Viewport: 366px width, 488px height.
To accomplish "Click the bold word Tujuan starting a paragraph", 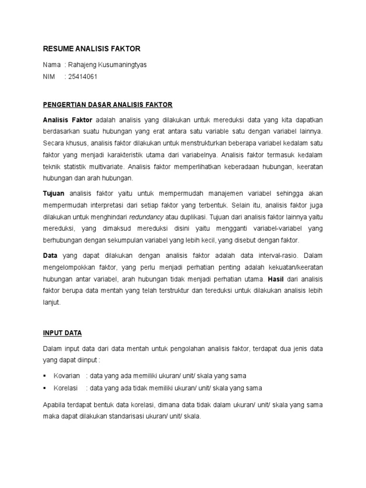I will [54, 193].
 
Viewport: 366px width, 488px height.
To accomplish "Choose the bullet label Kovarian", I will [67, 376].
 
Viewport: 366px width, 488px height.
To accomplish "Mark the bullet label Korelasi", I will [66, 387].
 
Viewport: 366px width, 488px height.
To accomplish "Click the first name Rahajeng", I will [80, 65].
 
